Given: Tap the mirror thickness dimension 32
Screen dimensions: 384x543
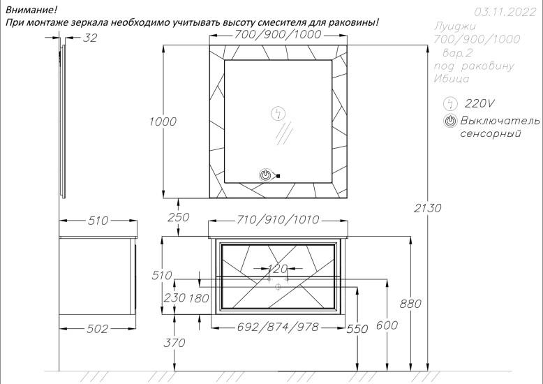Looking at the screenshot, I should coord(90,38).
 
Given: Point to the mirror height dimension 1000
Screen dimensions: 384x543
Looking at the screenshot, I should coord(163,121).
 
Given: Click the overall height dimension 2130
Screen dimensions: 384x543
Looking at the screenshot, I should coord(428,207).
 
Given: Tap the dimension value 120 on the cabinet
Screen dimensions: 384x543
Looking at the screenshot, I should coord(278,268).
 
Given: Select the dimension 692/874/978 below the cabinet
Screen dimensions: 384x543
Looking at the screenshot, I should coord(278,327).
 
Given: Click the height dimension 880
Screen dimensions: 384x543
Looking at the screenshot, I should coord(411,304).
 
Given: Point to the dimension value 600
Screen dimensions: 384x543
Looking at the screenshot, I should coord(386,325).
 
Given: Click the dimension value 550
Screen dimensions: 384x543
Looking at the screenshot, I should coord(357,329).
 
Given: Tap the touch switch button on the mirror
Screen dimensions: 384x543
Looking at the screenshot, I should coord(266,175).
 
